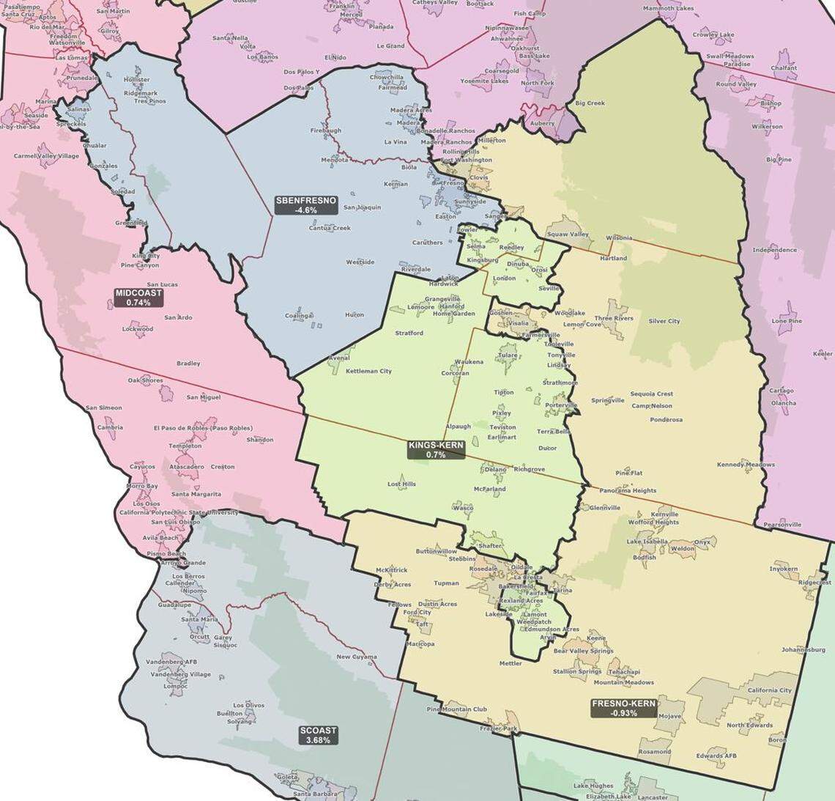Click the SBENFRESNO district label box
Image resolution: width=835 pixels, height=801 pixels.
tap(306, 204)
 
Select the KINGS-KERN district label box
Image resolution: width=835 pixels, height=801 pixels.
tap(437, 449)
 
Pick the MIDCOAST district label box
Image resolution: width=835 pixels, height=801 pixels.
tap(138, 297)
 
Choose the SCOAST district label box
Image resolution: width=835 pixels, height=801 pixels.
tap(319, 735)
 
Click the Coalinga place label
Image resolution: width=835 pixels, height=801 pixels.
tap(299, 316)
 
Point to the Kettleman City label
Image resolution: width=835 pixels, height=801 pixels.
tap(368, 371)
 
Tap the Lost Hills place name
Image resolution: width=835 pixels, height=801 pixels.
tap(401, 484)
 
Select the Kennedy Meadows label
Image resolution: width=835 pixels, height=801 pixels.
tap(746, 465)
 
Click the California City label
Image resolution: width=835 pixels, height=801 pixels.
tap(769, 690)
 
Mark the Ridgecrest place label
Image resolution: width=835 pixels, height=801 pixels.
tap(814, 583)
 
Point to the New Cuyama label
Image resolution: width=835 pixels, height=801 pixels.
tap(357, 657)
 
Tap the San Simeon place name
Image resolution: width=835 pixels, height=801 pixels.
tap(104, 407)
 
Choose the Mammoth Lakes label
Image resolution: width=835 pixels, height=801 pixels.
tap(667, 9)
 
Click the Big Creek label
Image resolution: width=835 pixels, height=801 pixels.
tap(590, 103)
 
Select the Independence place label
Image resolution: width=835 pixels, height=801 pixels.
tap(774, 250)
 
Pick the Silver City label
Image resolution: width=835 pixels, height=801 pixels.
tap(664, 321)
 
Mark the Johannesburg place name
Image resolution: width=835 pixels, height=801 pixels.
tap(804, 649)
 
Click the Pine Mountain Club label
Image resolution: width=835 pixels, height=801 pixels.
tap(456, 709)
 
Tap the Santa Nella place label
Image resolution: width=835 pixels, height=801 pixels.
tap(231, 38)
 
